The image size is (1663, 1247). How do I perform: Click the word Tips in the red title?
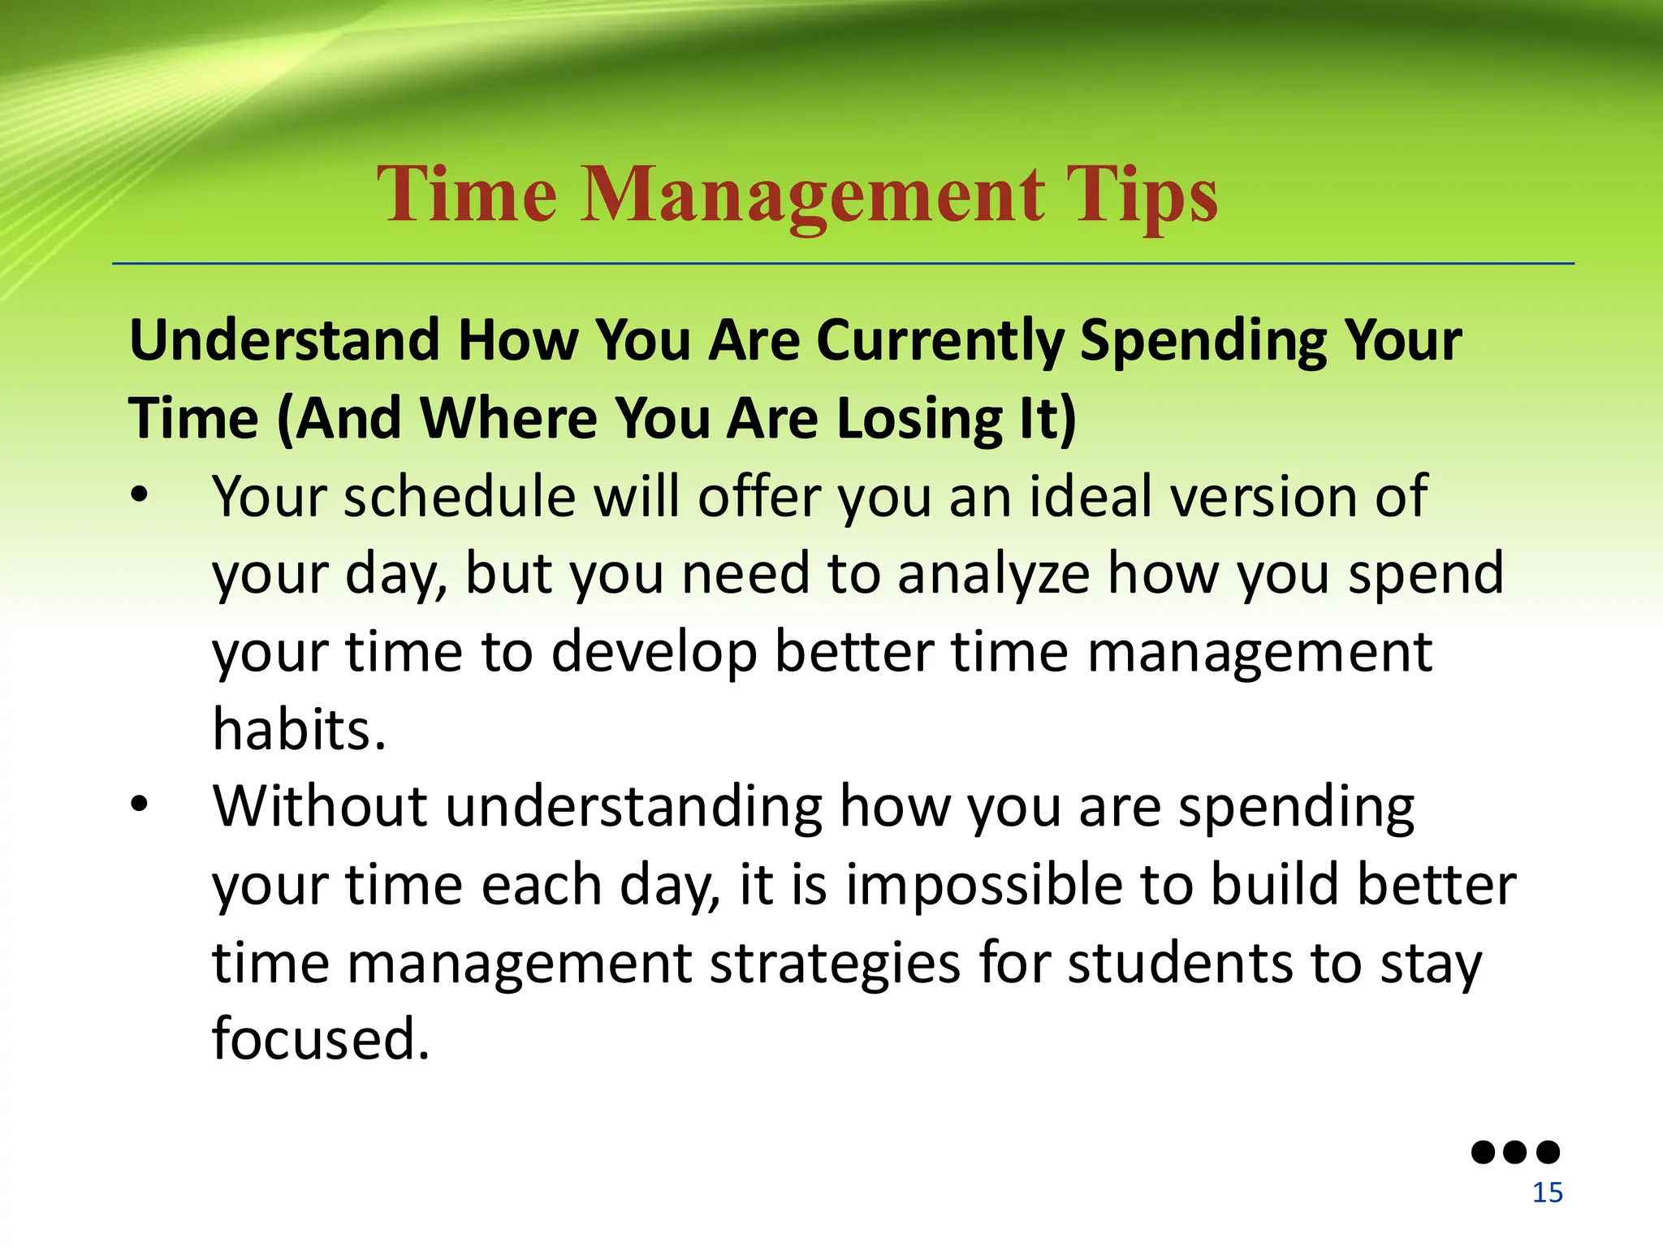[x=1141, y=196]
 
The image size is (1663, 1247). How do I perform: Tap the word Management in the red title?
[x=811, y=196]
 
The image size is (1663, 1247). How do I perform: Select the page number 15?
[x=1547, y=1193]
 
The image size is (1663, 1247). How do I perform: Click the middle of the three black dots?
[x=1515, y=1152]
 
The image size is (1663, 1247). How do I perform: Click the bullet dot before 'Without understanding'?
[x=140, y=805]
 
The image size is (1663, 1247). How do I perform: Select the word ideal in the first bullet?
[x=1091, y=496]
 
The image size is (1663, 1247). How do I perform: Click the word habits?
[x=298, y=729]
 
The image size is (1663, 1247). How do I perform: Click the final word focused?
[x=320, y=1039]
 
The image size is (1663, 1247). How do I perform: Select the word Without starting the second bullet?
[x=320, y=806]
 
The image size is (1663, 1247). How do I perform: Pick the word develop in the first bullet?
[x=654, y=652]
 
